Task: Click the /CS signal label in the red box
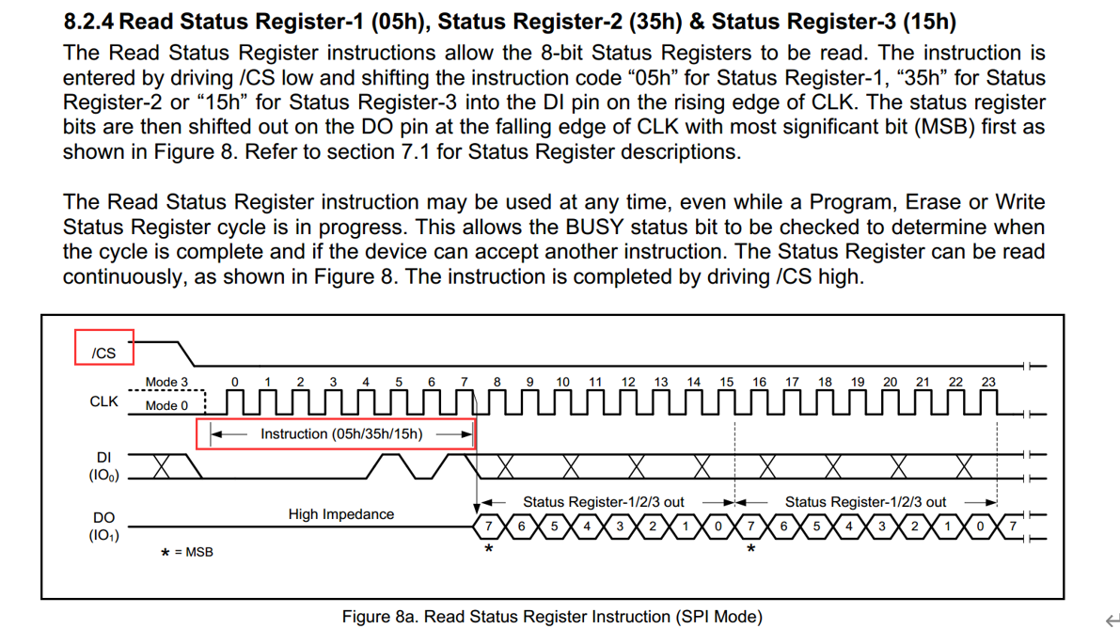[x=103, y=353]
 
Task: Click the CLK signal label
[x=103, y=401]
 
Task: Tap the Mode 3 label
[x=166, y=382]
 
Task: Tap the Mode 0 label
[x=166, y=405]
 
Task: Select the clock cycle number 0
[x=234, y=382]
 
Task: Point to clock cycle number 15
[x=726, y=382]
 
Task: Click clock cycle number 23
[x=988, y=382]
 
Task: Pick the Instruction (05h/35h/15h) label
[x=341, y=434]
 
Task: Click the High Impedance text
[x=340, y=514]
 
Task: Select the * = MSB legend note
[x=187, y=552]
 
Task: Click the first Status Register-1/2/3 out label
[x=604, y=502]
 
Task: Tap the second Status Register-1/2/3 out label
[x=866, y=502]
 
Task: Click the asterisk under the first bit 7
[x=489, y=549]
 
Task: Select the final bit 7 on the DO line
[x=1012, y=527]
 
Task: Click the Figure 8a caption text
[x=552, y=616]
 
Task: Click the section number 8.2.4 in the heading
[x=88, y=22]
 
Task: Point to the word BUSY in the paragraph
[x=595, y=227]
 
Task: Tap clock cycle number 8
[x=497, y=382]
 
